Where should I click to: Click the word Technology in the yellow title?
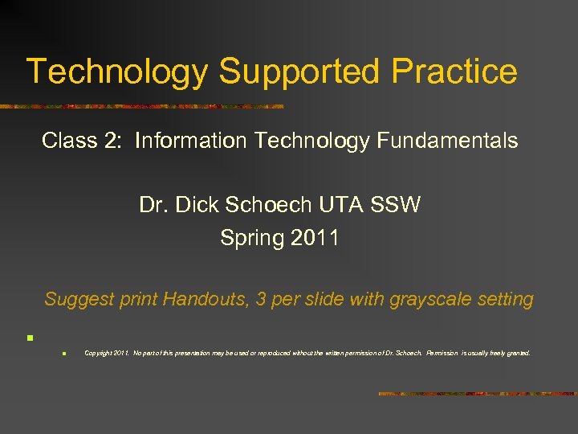pyautogui.click(x=117, y=71)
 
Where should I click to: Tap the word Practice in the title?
pyautogui.click(x=454, y=71)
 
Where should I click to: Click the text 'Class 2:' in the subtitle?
pyautogui.click(x=83, y=141)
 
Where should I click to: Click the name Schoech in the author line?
pyautogui.click(x=266, y=205)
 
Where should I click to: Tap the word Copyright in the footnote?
pyautogui.click(x=98, y=353)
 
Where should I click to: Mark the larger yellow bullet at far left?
pyautogui.click(x=28, y=338)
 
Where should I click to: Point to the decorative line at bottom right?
pyautogui.click(x=477, y=394)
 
